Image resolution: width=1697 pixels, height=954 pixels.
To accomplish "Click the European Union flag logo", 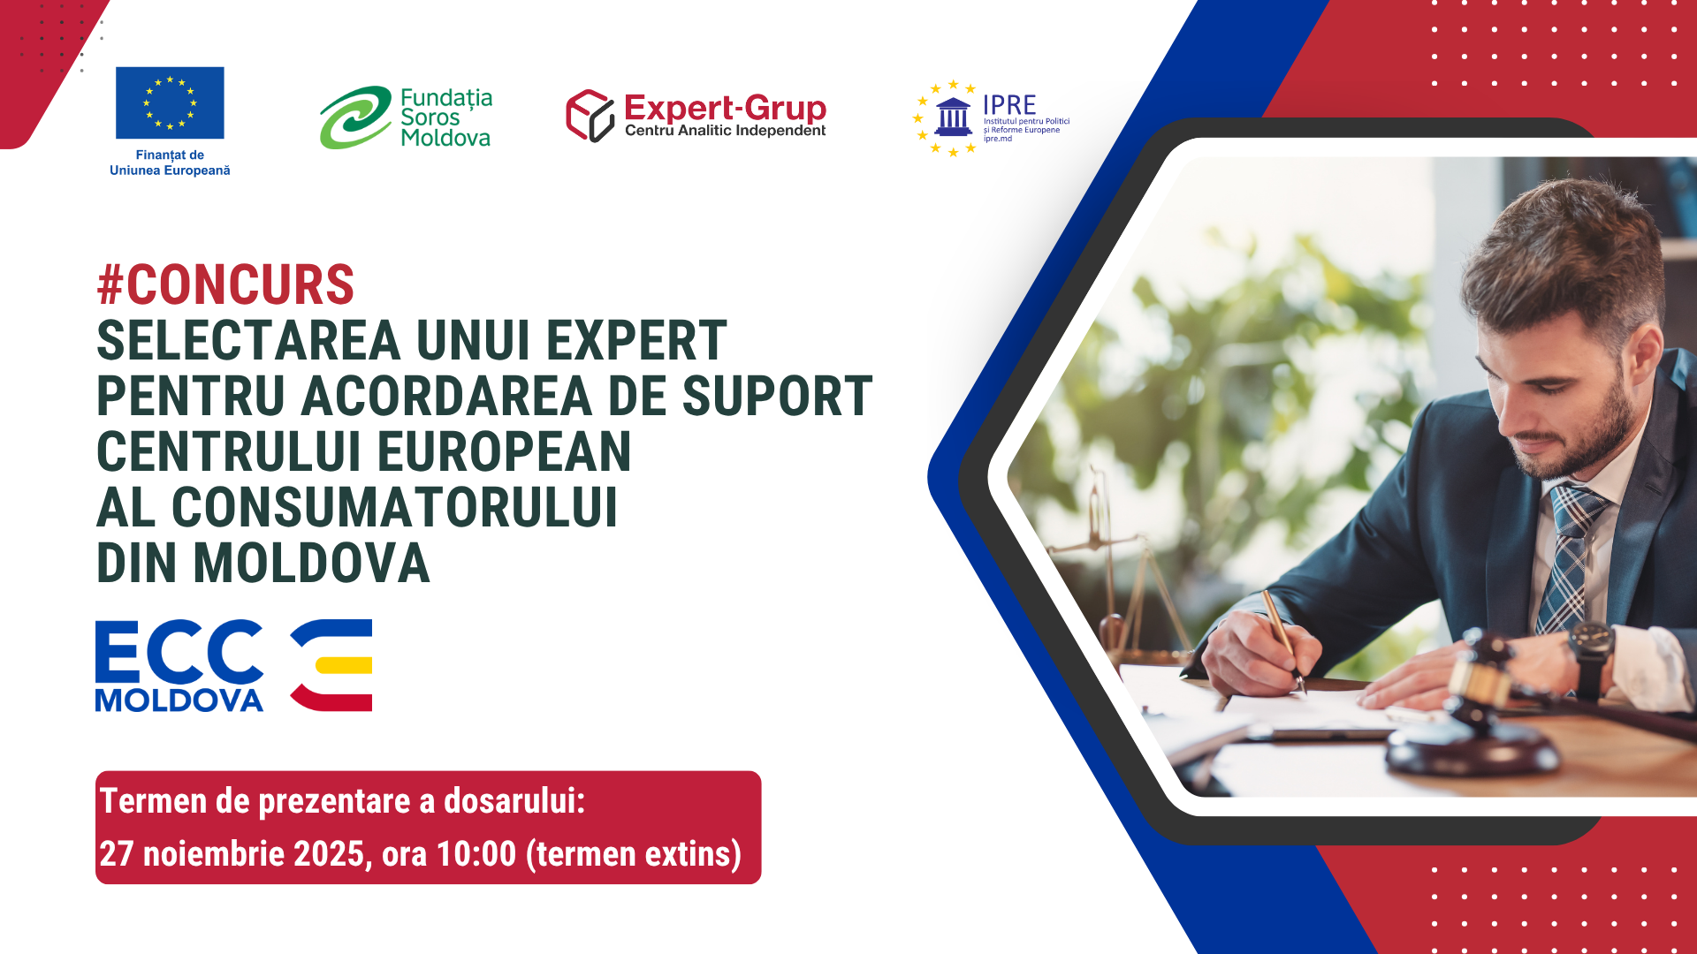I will [170, 102].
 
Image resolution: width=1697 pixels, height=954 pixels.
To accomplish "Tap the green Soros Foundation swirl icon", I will [355, 117].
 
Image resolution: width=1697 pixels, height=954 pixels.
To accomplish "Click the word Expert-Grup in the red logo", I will [725, 109].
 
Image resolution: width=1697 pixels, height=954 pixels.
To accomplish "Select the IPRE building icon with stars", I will [952, 117].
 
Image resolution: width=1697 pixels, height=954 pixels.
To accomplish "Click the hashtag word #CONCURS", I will [225, 285].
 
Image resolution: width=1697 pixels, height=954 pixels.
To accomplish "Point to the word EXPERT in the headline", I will [636, 341].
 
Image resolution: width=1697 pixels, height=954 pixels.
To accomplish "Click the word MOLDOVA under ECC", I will [179, 700].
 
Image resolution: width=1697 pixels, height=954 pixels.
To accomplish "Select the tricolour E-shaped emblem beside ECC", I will [332, 665].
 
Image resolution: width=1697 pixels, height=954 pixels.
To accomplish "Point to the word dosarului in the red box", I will [514, 801].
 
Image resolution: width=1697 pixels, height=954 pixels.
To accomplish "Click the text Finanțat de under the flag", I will [170, 155].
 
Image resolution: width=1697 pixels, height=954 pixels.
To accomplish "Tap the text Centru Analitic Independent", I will [725, 131].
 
